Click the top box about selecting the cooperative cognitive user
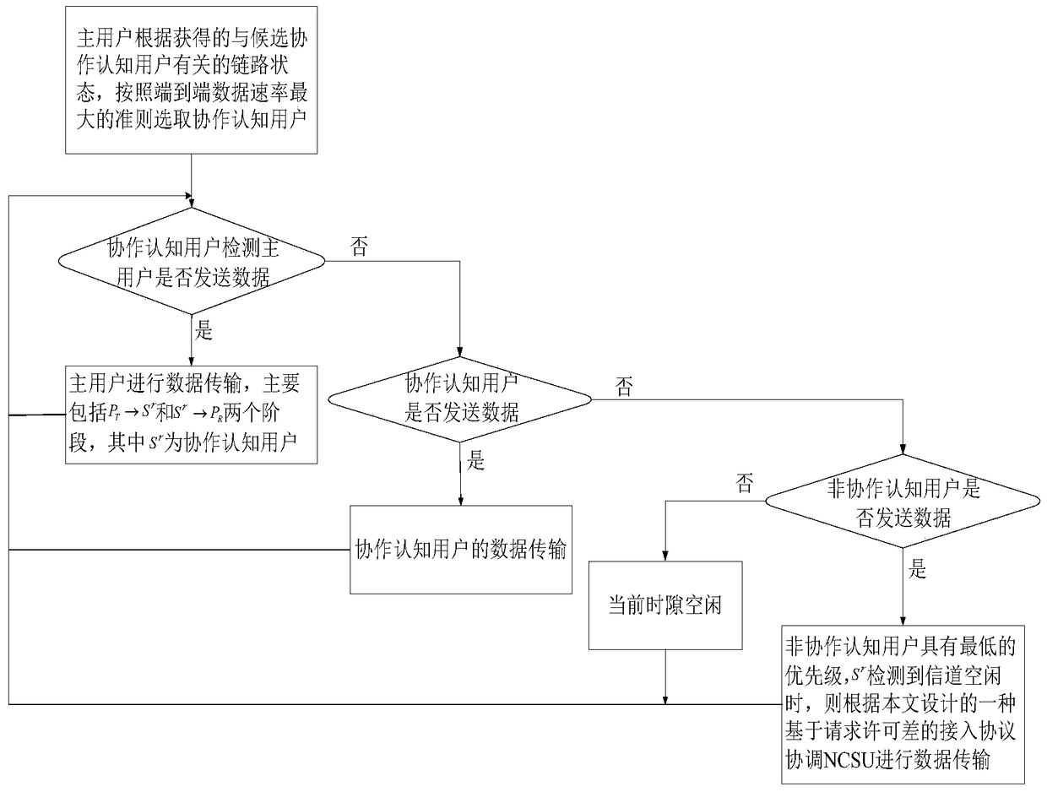pos(192,81)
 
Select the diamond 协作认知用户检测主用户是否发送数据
pos(192,263)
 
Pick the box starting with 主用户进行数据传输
pos(192,415)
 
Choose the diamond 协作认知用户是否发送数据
pos(461,398)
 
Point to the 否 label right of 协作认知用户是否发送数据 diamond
pos(624,388)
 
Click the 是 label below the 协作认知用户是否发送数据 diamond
pos(476,461)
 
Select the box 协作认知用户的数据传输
pos(461,549)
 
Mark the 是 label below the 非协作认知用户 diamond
pos(917,571)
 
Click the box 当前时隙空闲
pos(665,605)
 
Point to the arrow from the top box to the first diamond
pos(193,182)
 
